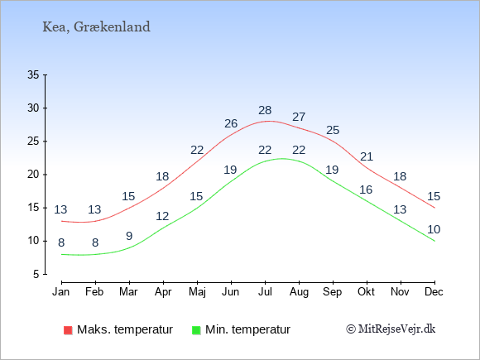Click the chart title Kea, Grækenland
96,27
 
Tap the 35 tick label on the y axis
33,74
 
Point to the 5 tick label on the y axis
36,274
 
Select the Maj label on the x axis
197,292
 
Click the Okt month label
366,292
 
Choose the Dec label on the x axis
434,292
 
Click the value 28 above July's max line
265,110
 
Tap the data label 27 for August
299,117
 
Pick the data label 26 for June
231,123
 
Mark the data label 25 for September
333,131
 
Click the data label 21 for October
367,156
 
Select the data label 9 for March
129,236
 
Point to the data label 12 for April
162,217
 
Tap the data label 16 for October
366,190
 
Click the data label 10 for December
434,229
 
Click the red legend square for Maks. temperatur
68,330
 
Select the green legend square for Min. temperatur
196,330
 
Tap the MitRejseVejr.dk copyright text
391,329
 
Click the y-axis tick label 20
33,175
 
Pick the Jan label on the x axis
61,292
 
